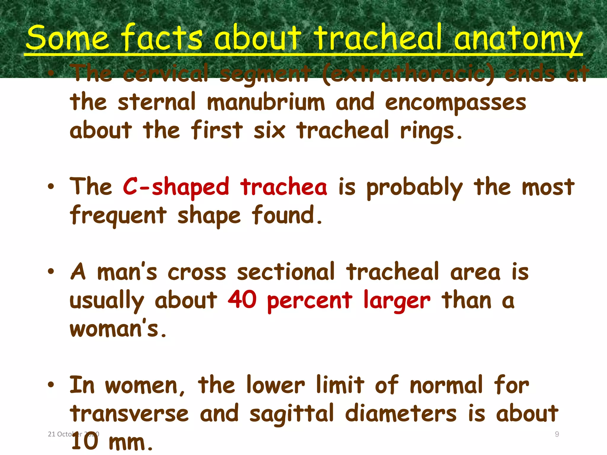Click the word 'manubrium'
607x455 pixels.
266,102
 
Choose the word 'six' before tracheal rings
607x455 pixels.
269,130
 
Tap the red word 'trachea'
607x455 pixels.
284,187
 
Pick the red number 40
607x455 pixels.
242,300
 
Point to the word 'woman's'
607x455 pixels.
118,329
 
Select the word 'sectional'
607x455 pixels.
286,272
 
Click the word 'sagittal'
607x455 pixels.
292,414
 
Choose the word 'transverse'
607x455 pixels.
129,414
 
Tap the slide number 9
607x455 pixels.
557,434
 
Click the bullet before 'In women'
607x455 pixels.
51,384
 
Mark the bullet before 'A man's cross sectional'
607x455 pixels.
51,271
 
